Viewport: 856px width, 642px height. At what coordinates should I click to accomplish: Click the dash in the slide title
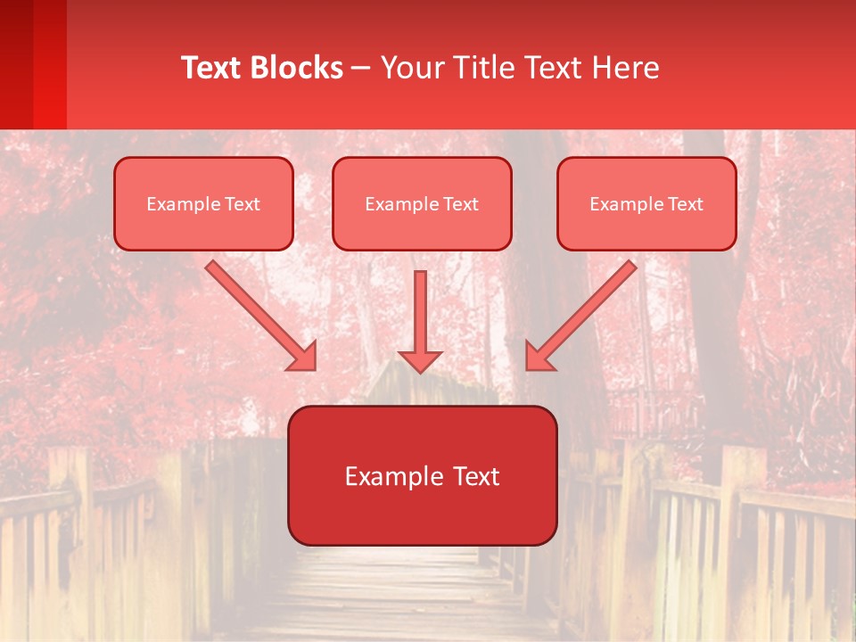(x=361, y=68)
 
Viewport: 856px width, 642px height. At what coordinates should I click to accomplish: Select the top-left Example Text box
(x=203, y=203)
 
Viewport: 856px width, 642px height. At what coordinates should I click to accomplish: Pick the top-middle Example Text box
(x=422, y=203)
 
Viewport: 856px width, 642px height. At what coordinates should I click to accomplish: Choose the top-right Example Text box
(x=646, y=203)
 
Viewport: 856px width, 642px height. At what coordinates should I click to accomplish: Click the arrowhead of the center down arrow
(x=420, y=360)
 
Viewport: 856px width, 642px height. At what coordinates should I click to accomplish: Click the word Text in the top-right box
(x=686, y=204)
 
